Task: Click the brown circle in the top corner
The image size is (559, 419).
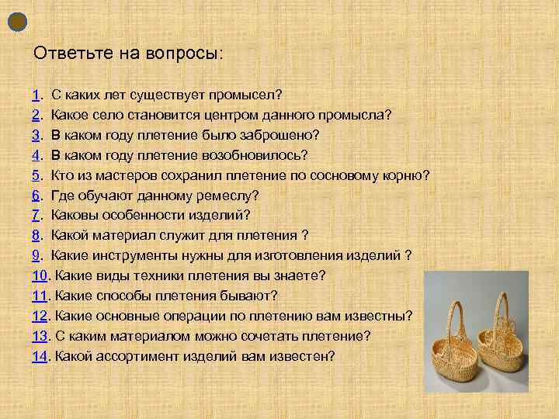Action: [18, 22]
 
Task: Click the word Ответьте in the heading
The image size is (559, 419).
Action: [66, 54]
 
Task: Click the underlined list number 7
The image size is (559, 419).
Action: [36, 216]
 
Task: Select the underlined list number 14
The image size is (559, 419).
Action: [40, 357]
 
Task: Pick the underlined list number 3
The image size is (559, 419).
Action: [36, 135]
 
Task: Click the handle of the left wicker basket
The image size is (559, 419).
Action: [454, 310]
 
